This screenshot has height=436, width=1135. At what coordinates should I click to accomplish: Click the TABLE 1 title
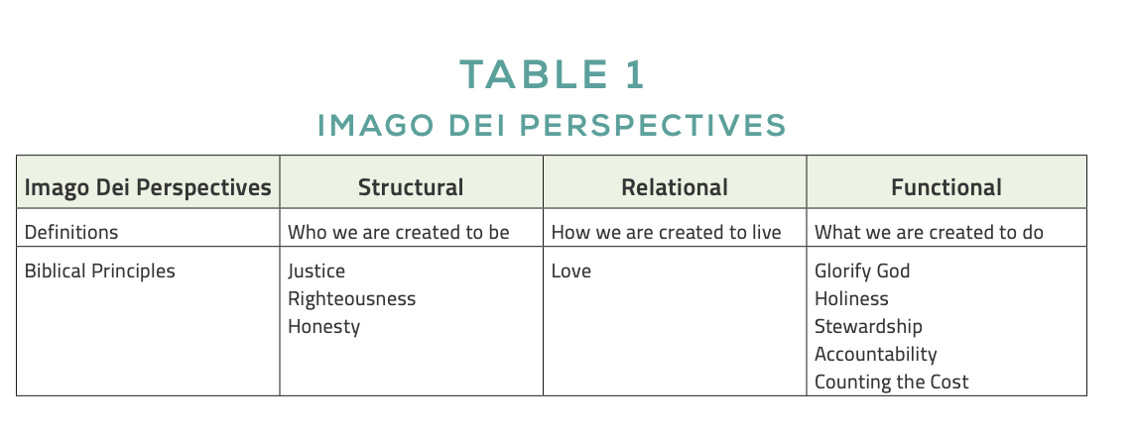552,74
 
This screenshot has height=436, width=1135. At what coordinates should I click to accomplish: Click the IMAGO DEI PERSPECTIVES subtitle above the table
552,125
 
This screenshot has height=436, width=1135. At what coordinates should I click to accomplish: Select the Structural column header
411,187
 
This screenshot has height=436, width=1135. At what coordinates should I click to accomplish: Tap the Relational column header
675,187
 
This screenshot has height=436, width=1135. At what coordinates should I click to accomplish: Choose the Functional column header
946,187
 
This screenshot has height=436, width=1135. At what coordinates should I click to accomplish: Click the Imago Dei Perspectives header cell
148,188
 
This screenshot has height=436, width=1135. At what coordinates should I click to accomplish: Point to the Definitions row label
71,232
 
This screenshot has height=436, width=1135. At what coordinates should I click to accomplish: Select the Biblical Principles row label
100,272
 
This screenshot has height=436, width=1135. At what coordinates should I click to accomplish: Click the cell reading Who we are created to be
399,232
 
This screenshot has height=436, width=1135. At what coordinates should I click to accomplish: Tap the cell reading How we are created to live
666,232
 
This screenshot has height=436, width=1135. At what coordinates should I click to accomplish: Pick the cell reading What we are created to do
929,232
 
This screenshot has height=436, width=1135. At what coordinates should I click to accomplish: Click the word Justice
316,272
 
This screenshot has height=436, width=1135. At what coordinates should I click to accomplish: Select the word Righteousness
352,299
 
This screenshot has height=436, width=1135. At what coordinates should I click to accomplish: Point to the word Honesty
323,327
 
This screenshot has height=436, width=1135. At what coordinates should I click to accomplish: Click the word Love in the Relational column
571,272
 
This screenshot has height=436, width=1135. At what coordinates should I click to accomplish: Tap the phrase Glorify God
862,272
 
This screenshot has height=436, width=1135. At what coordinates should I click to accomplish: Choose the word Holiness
851,298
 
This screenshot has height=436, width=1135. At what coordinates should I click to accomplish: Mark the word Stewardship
868,327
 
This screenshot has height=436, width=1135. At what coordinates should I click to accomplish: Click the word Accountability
876,355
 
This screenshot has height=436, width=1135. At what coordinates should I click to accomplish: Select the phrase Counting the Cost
892,381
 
